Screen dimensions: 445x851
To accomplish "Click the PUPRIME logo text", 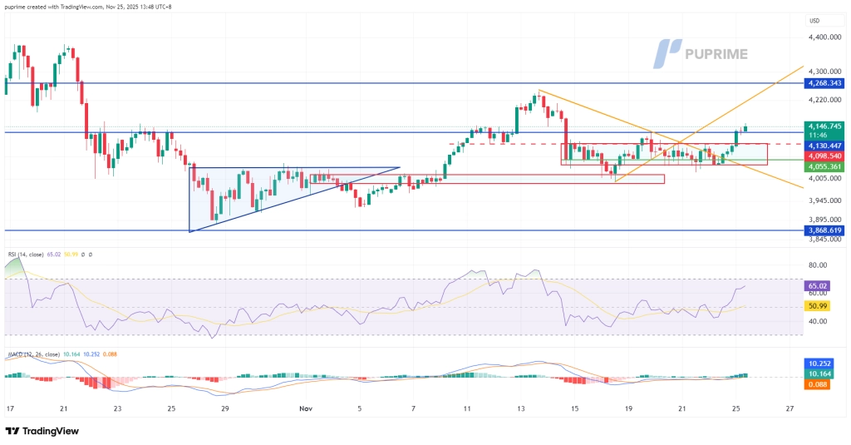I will coord(716,54).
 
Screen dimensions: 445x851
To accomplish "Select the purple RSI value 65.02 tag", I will coord(818,285).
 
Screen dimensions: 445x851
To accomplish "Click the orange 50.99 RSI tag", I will coord(818,307).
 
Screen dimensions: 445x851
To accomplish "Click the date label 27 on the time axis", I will coord(790,409).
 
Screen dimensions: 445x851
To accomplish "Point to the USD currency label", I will coord(814,21).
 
